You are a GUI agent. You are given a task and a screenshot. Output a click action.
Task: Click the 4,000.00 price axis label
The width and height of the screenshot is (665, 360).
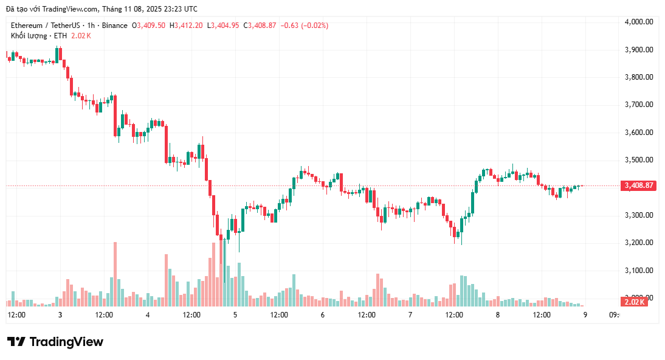pos(638,22)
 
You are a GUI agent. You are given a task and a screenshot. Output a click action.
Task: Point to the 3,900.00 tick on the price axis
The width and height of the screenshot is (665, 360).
pos(638,50)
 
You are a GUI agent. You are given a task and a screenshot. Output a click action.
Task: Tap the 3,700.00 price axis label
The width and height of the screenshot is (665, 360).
pos(638,105)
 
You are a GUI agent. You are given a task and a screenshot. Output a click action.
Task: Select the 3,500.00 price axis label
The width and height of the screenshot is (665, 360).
pos(638,160)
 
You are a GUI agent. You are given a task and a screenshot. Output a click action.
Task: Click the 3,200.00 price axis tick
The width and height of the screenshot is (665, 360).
pos(638,243)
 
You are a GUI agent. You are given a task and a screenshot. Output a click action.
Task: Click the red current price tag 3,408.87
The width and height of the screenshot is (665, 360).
pos(638,185)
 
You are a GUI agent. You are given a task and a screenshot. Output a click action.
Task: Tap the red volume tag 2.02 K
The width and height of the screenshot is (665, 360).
pos(634,302)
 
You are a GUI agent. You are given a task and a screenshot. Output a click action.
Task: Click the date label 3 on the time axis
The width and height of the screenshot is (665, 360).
pos(60,315)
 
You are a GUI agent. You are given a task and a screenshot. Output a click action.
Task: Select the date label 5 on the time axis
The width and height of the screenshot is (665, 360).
pos(235,315)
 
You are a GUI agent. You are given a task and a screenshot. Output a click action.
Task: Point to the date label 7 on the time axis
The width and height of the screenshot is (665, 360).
pos(410,315)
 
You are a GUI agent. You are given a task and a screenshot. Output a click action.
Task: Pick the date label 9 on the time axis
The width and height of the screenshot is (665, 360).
pos(585,315)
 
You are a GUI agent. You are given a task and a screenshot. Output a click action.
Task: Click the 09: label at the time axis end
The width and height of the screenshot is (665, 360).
pos(613,315)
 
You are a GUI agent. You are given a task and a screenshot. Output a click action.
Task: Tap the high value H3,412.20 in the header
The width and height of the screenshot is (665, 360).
pos(187,26)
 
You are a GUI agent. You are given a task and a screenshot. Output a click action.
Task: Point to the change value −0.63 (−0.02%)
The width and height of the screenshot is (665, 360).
pos(304,26)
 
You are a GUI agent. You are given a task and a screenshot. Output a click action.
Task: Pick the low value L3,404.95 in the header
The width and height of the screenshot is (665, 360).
pos(224,26)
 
